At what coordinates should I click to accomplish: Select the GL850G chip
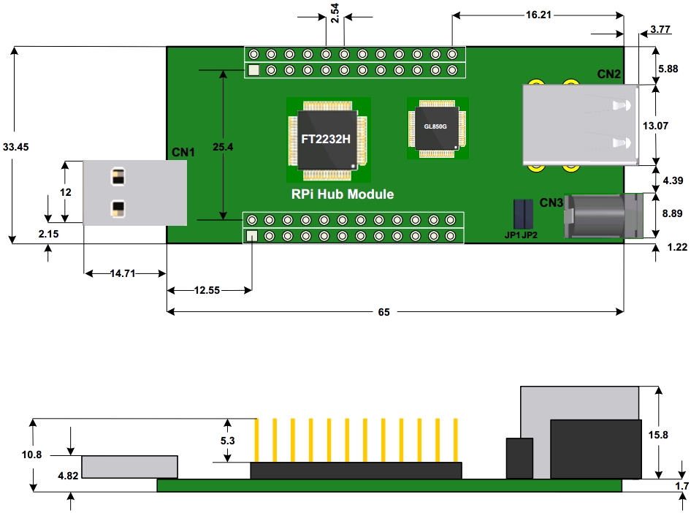click(x=435, y=126)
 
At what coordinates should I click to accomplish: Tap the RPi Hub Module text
click(x=342, y=194)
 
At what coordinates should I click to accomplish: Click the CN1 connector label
click(x=183, y=152)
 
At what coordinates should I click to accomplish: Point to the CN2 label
click(x=608, y=75)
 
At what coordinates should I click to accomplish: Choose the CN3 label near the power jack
click(x=551, y=202)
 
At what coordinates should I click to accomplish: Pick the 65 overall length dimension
click(x=383, y=312)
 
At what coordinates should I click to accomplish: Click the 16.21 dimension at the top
click(x=538, y=15)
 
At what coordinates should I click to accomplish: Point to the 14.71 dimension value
click(x=123, y=274)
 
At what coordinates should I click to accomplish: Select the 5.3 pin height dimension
click(x=226, y=441)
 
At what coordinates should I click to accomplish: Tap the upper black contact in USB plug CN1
click(x=117, y=177)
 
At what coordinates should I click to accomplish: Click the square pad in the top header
click(x=253, y=72)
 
